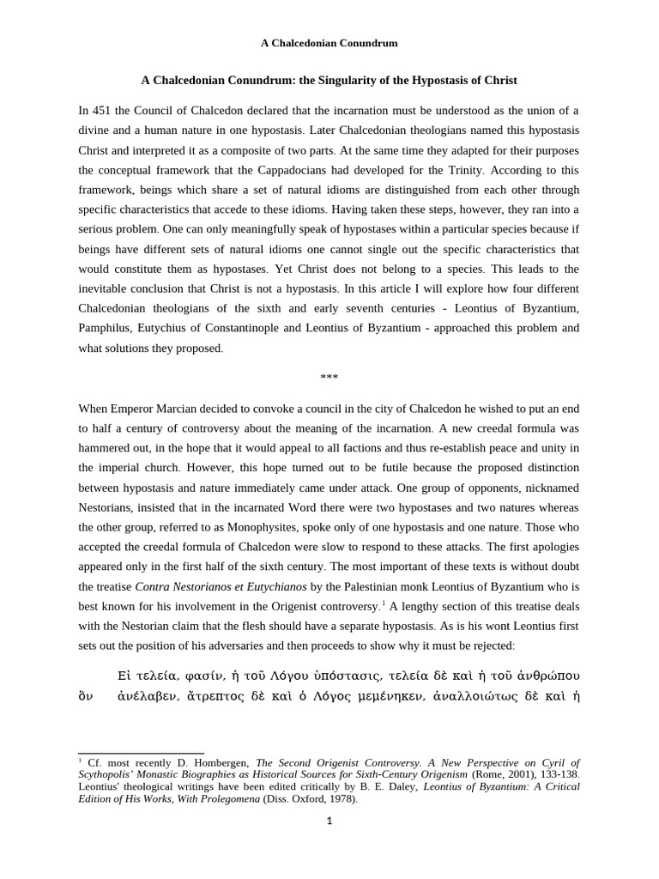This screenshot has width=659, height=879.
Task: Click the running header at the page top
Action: pyautogui.click(x=329, y=43)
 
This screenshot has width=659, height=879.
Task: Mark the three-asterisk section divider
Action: pyautogui.click(x=329, y=378)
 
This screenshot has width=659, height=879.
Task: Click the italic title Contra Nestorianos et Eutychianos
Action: pyautogui.click(x=221, y=586)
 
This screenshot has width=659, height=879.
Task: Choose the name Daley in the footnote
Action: pyautogui.click(x=398, y=786)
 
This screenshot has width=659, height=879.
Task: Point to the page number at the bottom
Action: pyautogui.click(x=329, y=821)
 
